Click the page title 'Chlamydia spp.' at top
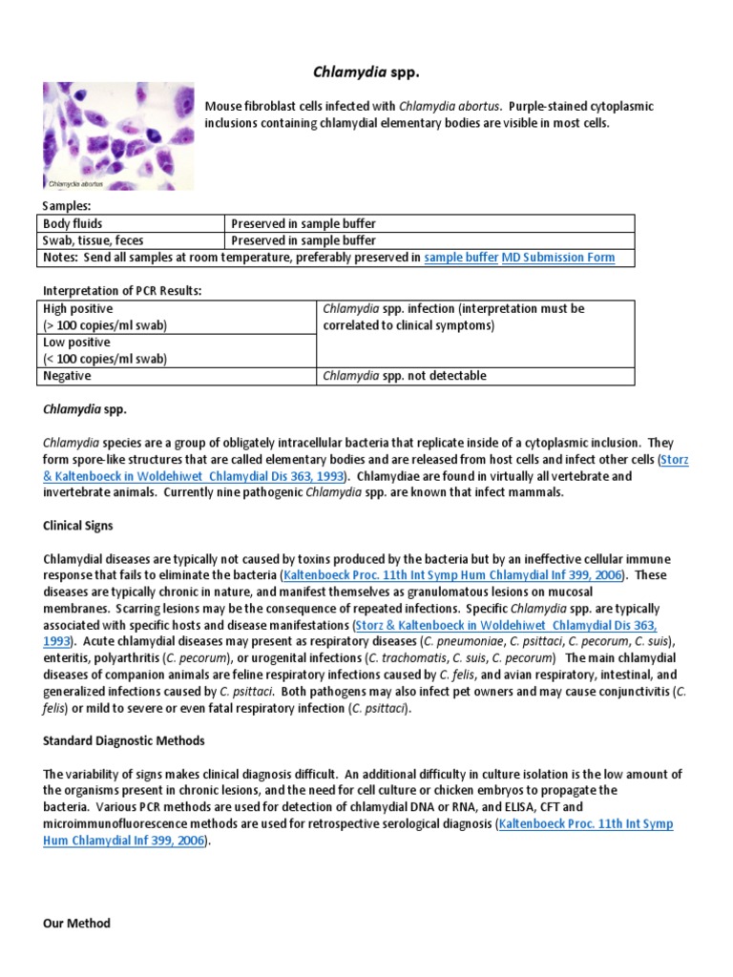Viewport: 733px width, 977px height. coord(366,72)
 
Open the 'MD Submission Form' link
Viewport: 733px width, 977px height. coord(558,258)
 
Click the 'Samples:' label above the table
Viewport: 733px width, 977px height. coord(66,206)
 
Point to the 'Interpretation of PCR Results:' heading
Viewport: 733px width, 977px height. coord(122,291)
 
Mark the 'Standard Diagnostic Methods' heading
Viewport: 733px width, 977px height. coord(124,740)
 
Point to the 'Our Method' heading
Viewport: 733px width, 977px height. coord(77,923)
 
